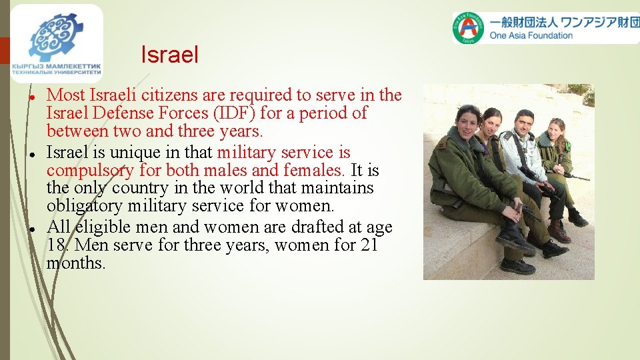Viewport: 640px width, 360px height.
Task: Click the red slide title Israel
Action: [169, 55]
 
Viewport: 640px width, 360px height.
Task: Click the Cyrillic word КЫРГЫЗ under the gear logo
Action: [31, 67]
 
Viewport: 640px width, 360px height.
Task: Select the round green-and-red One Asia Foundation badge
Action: [469, 27]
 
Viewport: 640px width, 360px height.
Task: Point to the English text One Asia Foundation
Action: [531, 36]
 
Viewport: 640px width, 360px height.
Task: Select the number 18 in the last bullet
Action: [55, 245]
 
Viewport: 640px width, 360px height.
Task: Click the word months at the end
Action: [76, 263]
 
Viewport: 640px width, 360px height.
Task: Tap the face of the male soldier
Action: [525, 123]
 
